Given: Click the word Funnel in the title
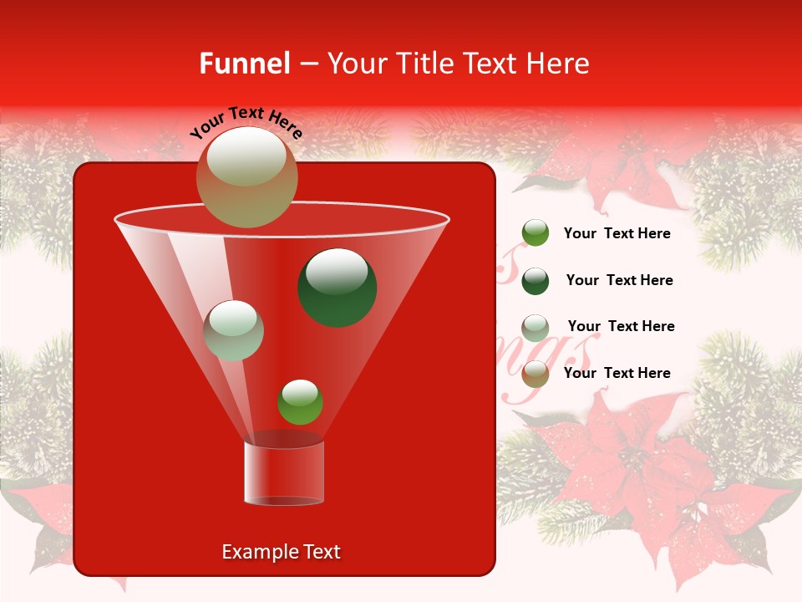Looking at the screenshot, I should (245, 64).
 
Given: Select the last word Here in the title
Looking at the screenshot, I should (559, 64).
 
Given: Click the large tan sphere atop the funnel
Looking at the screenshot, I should (246, 177).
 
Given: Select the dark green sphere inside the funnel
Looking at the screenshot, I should (337, 287).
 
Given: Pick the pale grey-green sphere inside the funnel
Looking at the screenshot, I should (233, 330).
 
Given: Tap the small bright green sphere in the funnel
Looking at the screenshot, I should (300, 401).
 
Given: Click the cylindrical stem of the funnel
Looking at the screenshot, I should (283, 472).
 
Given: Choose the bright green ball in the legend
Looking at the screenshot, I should (536, 233).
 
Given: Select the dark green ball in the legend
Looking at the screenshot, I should (536, 280).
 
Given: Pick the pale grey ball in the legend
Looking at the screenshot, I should (536, 327).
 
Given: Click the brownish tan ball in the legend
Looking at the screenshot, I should (536, 374).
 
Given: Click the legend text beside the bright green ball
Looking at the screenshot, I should (617, 233).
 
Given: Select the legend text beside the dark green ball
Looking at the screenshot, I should (619, 280).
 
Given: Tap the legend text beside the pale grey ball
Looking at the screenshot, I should (621, 326).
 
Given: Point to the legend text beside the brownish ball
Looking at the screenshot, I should (617, 373).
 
